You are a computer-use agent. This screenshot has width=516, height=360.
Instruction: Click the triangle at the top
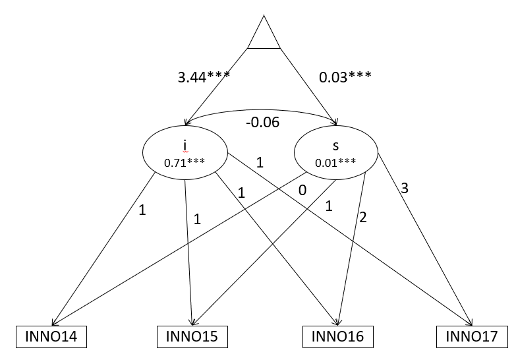point(264,34)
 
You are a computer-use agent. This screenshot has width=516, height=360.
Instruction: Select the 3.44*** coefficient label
point(204,76)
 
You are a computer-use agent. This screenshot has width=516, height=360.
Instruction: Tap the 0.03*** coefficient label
point(345,76)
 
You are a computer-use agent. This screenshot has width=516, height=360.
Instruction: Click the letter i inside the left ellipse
point(186,144)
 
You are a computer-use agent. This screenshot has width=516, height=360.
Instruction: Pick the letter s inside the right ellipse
point(336,144)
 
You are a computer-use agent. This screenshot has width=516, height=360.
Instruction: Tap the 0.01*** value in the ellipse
point(336,162)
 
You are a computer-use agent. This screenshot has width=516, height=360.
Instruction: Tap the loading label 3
point(405,189)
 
